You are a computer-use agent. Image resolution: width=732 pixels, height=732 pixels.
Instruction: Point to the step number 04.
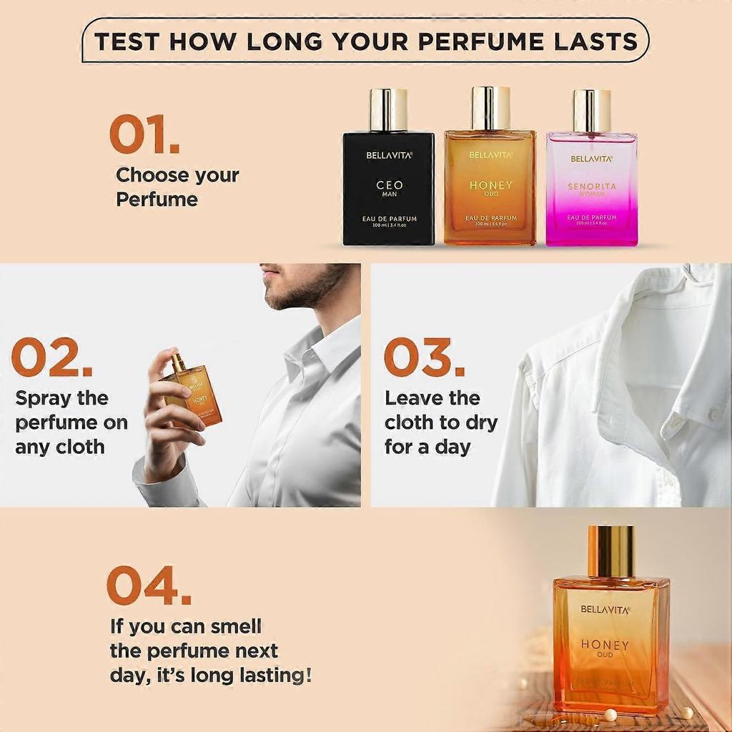(149, 585)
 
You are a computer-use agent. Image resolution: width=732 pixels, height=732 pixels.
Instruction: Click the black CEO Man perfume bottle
(388, 187)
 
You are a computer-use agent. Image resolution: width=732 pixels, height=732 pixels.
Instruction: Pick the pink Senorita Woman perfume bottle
(591, 189)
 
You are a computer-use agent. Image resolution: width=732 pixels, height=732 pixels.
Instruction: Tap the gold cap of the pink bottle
(592, 110)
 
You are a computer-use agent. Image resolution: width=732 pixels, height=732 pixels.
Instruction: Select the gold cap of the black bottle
(388, 109)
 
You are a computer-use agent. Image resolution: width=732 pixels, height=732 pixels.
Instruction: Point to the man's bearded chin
(282, 297)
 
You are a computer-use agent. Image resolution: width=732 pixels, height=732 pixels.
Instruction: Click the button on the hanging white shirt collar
(715, 414)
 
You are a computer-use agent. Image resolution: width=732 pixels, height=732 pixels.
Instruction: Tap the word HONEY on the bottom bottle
(605, 645)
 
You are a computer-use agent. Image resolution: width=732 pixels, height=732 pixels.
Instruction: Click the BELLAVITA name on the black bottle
(389, 154)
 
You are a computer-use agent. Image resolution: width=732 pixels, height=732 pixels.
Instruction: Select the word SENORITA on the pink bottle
(591, 187)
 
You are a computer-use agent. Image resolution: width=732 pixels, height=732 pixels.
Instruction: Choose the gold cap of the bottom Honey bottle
(611, 551)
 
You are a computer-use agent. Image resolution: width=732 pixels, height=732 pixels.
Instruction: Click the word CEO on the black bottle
(389, 185)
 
